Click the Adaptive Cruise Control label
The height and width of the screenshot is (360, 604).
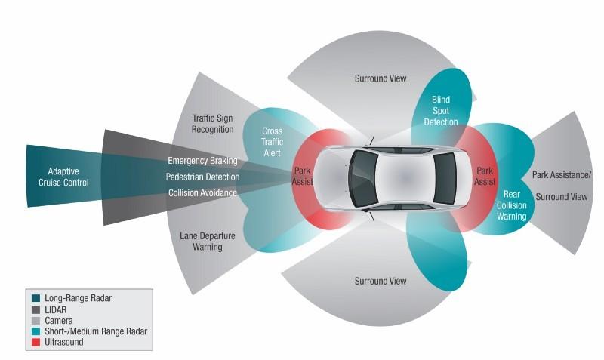pyautogui.click(x=63, y=177)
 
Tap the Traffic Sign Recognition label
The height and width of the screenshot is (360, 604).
pyautogui.click(x=213, y=124)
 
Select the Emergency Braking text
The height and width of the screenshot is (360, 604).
pyautogui.click(x=202, y=161)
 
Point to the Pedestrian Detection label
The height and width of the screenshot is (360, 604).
pyautogui.click(x=202, y=177)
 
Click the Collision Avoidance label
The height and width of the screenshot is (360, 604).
pyautogui.click(x=202, y=193)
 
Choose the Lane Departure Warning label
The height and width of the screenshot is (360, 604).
pyautogui.click(x=208, y=242)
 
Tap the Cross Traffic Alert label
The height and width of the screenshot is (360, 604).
pyautogui.click(x=272, y=142)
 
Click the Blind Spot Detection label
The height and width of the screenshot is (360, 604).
pyautogui.click(x=441, y=111)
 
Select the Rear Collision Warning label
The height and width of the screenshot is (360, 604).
pyautogui.click(x=512, y=205)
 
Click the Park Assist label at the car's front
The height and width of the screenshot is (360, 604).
pyautogui.click(x=303, y=176)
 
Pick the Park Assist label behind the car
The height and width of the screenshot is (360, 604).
pyautogui.click(x=485, y=176)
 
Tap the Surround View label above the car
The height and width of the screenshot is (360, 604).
pyautogui.click(x=381, y=78)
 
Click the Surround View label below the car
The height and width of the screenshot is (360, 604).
pyautogui.click(x=381, y=281)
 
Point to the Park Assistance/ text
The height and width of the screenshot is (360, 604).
pyautogui.click(x=562, y=175)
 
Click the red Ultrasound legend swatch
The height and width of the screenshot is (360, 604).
pyautogui.click(x=35, y=342)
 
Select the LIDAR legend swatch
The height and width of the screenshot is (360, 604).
pyautogui.click(x=35, y=310)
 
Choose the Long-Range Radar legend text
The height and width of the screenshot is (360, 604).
pyautogui.click(x=79, y=298)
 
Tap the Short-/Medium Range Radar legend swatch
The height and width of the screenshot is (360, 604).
pyautogui.click(x=35, y=331)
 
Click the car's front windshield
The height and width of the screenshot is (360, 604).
pyautogui.click(x=363, y=178)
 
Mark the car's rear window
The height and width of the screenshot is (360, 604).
pyautogui.click(x=445, y=178)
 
